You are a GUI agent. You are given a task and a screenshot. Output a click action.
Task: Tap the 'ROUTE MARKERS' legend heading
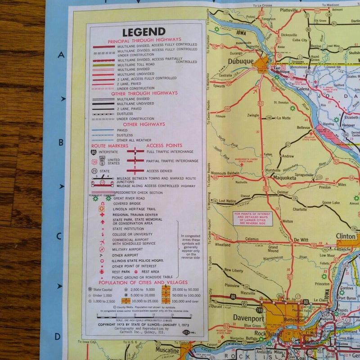pos(110,146)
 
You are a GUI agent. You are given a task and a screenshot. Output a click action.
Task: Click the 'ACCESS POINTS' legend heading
pos(164,146)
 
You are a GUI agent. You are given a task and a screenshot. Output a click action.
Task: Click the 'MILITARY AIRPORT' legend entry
pos(129,248)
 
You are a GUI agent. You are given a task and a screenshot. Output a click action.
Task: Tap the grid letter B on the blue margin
pos(61,144)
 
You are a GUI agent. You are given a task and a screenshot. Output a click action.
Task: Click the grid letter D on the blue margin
pos(58,336)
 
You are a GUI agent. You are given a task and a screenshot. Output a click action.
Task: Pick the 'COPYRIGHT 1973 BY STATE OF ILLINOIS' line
pos(141,324)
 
